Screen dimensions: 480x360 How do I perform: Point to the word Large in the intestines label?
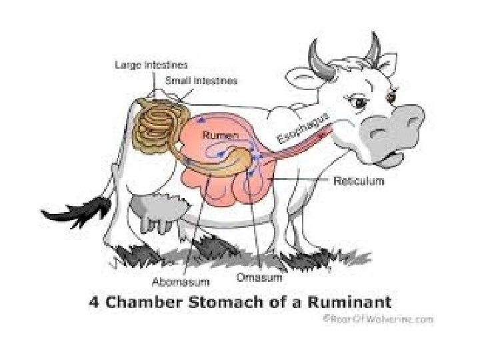(x=127, y=65)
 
